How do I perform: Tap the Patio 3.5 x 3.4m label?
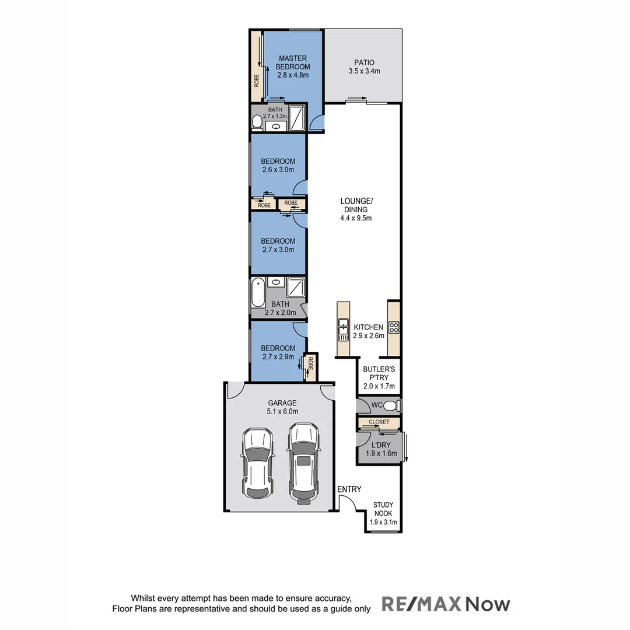363,67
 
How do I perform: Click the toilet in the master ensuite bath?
257,122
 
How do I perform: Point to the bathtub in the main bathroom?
257,293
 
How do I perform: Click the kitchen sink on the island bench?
343,330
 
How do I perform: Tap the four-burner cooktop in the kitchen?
394,328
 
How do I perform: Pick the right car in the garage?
303,462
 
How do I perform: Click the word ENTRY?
349,489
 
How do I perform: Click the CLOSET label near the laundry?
378,422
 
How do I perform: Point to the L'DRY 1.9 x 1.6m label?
381,449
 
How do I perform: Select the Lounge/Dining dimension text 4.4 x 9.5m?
356,218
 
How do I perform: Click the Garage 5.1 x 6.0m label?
282,407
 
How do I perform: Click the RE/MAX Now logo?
446,604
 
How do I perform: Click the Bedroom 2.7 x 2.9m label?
278,352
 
